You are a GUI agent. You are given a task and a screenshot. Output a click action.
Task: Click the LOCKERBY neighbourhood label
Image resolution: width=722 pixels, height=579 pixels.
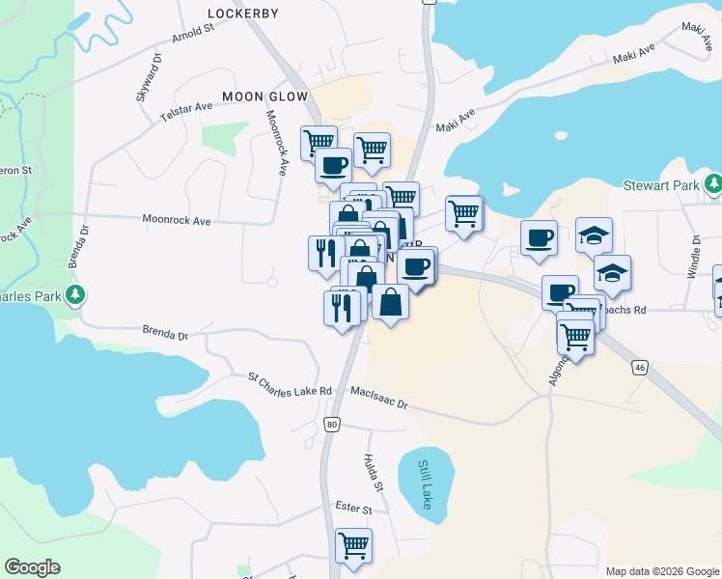point(243,14)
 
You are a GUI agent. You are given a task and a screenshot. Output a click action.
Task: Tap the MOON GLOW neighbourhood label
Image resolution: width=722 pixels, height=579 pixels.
point(264,96)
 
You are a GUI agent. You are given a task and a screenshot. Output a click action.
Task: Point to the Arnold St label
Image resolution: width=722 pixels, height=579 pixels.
point(193,35)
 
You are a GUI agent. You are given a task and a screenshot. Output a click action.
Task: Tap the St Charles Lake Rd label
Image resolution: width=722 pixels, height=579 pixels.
point(290,384)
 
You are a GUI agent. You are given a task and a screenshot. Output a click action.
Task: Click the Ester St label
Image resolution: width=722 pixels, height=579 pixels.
point(353,509)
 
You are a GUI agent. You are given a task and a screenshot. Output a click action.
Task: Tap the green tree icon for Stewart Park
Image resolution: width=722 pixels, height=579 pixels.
point(712,183)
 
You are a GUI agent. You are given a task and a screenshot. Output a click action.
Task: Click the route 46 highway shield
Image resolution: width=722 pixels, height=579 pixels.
point(639,368)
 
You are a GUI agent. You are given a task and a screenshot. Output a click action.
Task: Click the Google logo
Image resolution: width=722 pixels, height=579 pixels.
point(32,567)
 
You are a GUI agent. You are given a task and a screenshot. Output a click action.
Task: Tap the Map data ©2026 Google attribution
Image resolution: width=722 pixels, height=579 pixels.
point(662,571)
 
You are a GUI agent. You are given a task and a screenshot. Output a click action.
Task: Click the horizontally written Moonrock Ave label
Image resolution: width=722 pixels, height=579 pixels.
point(176,221)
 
